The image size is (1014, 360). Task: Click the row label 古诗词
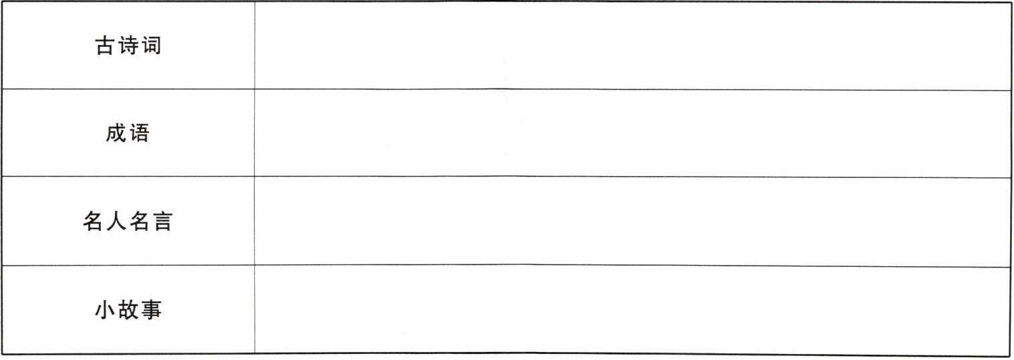click(x=128, y=46)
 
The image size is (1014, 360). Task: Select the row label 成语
click(x=128, y=134)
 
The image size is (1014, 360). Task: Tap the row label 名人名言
click(x=128, y=221)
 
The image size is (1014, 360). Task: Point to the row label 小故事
click(x=128, y=310)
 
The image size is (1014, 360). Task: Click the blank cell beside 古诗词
click(x=631, y=46)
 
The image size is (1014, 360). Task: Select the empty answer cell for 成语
click(x=631, y=134)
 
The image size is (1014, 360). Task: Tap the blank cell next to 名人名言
click(x=631, y=221)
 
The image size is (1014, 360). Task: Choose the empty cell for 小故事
click(x=631, y=310)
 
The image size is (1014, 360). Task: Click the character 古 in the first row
click(x=105, y=46)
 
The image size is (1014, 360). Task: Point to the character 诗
click(x=128, y=46)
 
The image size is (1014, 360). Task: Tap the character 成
click(x=116, y=134)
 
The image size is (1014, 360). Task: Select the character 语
click(x=140, y=134)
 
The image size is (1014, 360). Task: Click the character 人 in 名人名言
click(x=116, y=221)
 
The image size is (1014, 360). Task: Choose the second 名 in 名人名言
click(x=139, y=221)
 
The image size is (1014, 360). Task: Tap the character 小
click(x=105, y=310)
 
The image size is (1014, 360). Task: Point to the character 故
click(x=128, y=310)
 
